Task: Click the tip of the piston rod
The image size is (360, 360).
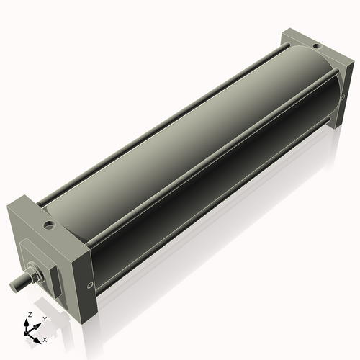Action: pos(13,286)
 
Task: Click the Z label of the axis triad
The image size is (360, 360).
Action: pos(28,315)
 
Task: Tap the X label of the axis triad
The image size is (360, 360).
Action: pos(45,338)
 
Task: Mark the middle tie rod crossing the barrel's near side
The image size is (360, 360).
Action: pos(216,166)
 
